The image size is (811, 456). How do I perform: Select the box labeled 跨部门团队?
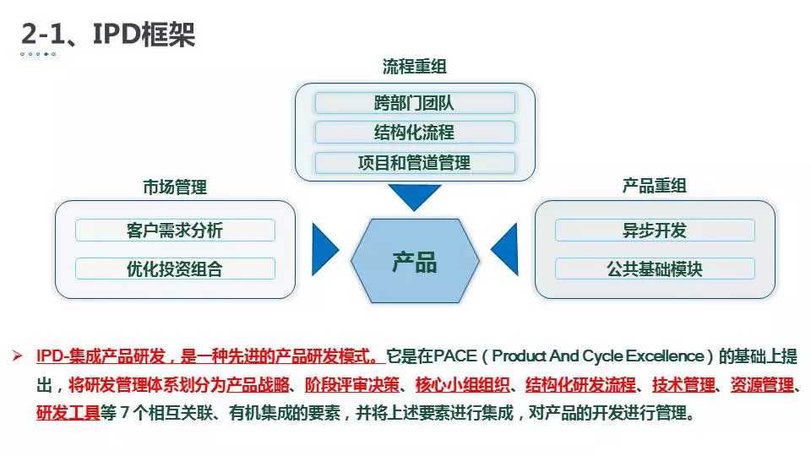point(414,104)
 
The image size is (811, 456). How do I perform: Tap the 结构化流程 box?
point(414,133)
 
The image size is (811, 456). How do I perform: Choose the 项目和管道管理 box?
point(414,162)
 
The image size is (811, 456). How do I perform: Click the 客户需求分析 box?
point(175,231)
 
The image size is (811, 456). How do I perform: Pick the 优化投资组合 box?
point(175,269)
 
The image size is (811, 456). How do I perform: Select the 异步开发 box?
point(655,231)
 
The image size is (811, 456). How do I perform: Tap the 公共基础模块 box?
point(655,269)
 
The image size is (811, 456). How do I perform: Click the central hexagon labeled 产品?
point(414,261)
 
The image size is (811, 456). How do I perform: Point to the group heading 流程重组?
point(414,67)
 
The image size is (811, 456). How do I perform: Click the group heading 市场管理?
point(175,187)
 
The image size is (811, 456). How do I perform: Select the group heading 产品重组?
point(655,187)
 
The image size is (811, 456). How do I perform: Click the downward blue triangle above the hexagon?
point(414,196)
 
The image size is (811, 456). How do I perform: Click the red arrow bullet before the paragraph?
point(19,356)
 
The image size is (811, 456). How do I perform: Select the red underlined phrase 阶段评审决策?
point(352,386)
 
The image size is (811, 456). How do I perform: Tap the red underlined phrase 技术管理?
point(683,386)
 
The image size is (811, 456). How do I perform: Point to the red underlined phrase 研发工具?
point(68,415)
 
